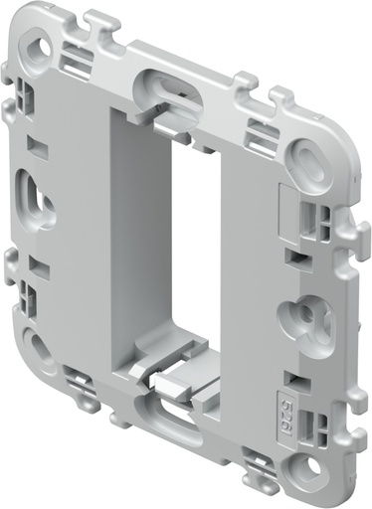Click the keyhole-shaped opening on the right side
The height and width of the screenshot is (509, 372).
298,318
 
